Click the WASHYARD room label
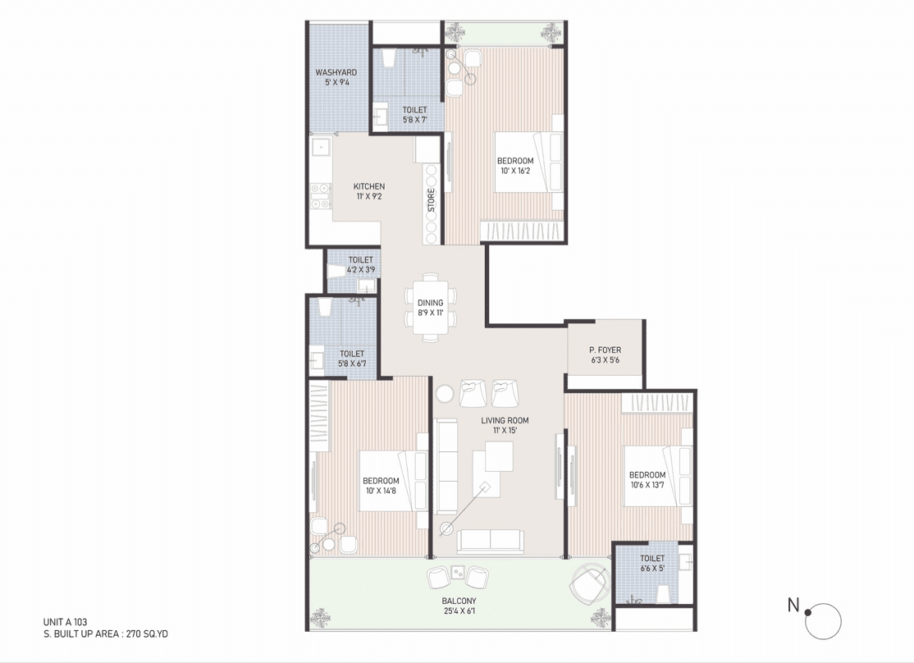(x=336, y=72)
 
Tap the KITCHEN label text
(x=369, y=186)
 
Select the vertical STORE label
(x=432, y=200)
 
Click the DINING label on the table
(x=430, y=303)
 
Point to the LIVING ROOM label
(x=505, y=420)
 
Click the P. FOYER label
(x=605, y=350)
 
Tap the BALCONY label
(x=459, y=601)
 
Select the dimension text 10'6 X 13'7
(x=647, y=485)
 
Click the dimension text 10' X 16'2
(x=515, y=171)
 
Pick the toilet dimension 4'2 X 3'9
(x=361, y=270)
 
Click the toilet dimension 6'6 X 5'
(x=652, y=568)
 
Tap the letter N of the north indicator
(x=793, y=605)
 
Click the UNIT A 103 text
(x=66, y=622)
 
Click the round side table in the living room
(x=445, y=394)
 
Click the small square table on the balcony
(x=458, y=572)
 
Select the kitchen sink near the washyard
(x=321, y=148)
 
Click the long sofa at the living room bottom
(x=490, y=541)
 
